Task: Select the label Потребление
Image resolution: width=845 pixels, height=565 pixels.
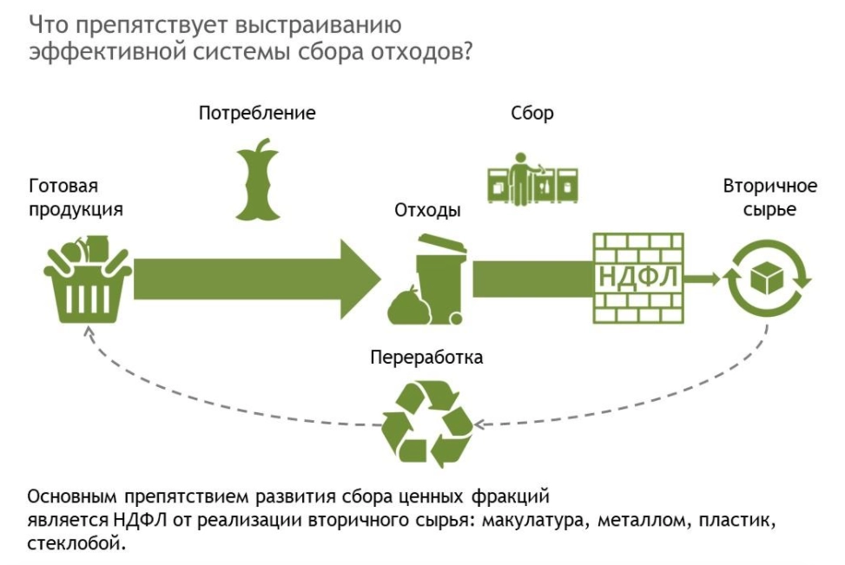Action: (256, 114)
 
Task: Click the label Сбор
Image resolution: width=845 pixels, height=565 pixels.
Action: (532, 114)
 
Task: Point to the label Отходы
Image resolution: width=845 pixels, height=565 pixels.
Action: (427, 211)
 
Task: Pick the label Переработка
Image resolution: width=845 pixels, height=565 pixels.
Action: (426, 357)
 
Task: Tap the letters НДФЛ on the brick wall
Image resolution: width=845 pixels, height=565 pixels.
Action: (637, 279)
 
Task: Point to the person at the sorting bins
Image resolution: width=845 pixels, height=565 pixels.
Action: (522, 177)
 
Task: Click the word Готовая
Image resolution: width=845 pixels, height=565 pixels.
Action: (63, 186)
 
